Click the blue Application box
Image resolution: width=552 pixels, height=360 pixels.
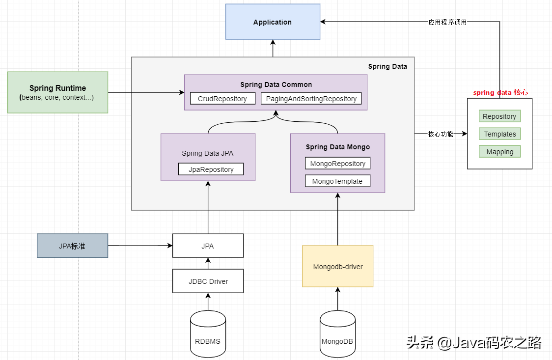click(273, 22)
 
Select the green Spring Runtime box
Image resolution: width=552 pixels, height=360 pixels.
click(58, 92)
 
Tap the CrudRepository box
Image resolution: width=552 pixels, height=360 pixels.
click(222, 99)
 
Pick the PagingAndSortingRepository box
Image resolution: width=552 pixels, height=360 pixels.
click(311, 99)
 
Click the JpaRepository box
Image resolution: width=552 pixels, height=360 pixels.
click(211, 169)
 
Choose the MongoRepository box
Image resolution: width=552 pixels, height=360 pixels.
click(337, 164)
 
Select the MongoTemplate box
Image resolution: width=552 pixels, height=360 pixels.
click(337, 181)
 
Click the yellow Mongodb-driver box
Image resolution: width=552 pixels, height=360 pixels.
click(337, 266)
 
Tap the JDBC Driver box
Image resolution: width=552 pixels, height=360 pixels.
click(208, 281)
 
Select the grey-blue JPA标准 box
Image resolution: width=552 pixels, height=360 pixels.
click(72, 246)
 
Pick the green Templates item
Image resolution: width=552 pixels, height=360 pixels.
click(499, 134)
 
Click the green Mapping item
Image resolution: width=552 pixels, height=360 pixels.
click(499, 152)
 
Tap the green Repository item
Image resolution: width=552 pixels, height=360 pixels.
click(499, 116)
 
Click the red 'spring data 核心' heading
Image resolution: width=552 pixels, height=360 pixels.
click(500, 92)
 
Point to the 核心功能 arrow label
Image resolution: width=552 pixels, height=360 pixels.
click(440, 134)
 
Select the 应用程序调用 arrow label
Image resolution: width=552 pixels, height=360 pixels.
click(447, 22)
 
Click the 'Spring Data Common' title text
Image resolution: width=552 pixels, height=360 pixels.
click(276, 84)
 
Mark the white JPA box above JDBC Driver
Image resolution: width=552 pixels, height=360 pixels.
click(208, 246)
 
